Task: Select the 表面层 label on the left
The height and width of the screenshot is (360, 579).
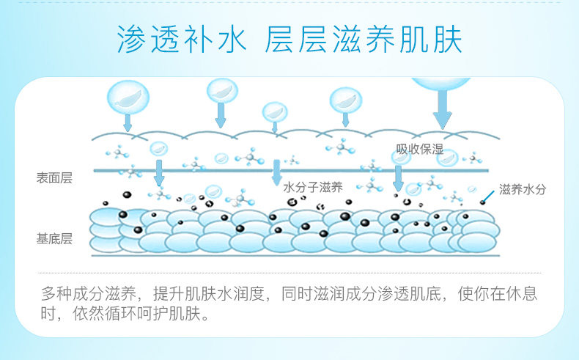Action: [x=55, y=178]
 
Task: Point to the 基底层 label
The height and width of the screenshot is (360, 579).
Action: [x=55, y=238]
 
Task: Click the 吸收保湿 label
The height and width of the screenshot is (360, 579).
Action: [x=420, y=150]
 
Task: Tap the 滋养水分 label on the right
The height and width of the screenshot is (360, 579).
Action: [x=523, y=189]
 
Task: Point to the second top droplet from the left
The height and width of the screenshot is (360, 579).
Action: [x=222, y=91]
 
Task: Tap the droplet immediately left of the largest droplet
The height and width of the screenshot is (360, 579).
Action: [x=345, y=100]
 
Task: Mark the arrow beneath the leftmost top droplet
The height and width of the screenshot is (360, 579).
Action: [x=128, y=123]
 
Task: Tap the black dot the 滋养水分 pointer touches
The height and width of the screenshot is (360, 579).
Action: [x=483, y=202]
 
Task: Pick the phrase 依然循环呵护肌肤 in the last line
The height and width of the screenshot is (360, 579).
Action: [x=141, y=316]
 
